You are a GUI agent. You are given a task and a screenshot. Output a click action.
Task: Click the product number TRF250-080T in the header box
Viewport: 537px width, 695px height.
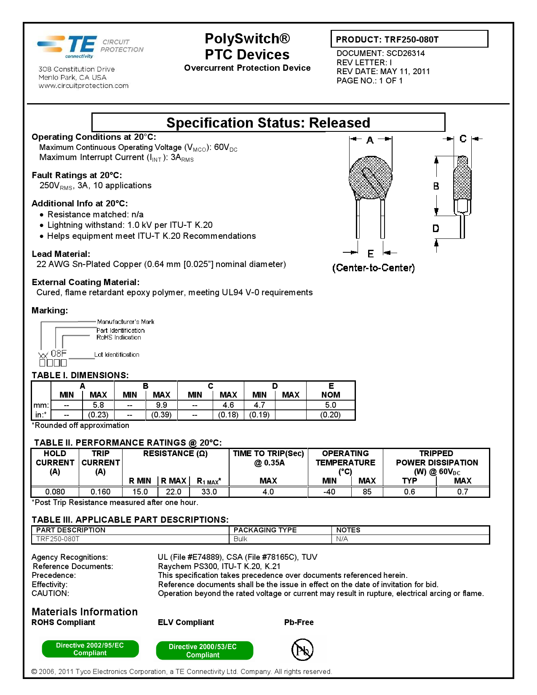411,40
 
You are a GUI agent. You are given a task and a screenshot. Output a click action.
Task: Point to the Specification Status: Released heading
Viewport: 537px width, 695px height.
268,123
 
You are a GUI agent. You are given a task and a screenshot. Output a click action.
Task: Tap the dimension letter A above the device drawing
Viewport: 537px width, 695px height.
370,140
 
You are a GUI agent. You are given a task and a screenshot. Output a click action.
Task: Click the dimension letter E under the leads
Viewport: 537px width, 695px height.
371,254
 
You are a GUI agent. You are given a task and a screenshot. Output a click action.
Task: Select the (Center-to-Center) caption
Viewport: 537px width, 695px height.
373,268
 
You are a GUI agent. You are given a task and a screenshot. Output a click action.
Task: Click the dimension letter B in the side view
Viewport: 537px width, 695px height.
436,186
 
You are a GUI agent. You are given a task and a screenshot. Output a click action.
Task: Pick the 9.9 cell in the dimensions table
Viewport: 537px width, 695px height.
161,405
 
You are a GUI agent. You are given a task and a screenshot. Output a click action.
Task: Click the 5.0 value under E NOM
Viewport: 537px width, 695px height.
331,405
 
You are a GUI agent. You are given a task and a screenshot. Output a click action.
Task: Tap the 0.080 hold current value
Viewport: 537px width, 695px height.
55,492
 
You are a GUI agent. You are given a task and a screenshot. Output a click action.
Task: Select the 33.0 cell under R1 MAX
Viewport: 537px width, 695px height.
209,492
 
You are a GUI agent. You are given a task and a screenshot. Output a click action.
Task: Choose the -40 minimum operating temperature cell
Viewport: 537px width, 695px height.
329,492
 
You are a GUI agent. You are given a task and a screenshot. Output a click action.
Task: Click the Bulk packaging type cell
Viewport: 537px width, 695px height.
240,539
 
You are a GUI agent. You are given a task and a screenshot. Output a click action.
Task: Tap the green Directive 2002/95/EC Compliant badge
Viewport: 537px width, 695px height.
90,649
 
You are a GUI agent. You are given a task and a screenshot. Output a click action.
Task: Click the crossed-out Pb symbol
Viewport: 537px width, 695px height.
302,650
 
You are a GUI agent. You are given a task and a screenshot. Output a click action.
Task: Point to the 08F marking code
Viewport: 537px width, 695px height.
59,353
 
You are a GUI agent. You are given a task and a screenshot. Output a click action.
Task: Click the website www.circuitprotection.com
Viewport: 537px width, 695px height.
83,86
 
